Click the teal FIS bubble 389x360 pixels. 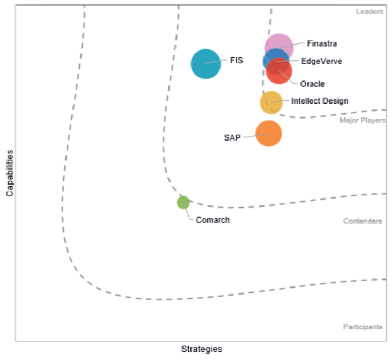tap(205, 64)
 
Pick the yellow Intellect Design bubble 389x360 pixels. tap(271, 102)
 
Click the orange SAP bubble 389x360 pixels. tap(269, 134)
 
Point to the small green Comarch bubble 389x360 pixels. tap(184, 202)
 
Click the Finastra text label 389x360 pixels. tap(322, 43)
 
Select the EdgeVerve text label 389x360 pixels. tap(321, 61)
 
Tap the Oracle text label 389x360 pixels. tap(312, 84)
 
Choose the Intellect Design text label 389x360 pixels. tap(320, 101)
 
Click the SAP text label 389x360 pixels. tap(232, 137)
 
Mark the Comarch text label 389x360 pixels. tap(212, 220)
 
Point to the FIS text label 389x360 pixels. tap(237, 60)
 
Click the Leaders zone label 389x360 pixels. tap(370, 12)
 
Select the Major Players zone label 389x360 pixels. tap(362, 121)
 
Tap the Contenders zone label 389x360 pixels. tap(363, 221)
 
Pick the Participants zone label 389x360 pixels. tap(363, 327)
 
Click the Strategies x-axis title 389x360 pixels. tap(201, 349)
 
